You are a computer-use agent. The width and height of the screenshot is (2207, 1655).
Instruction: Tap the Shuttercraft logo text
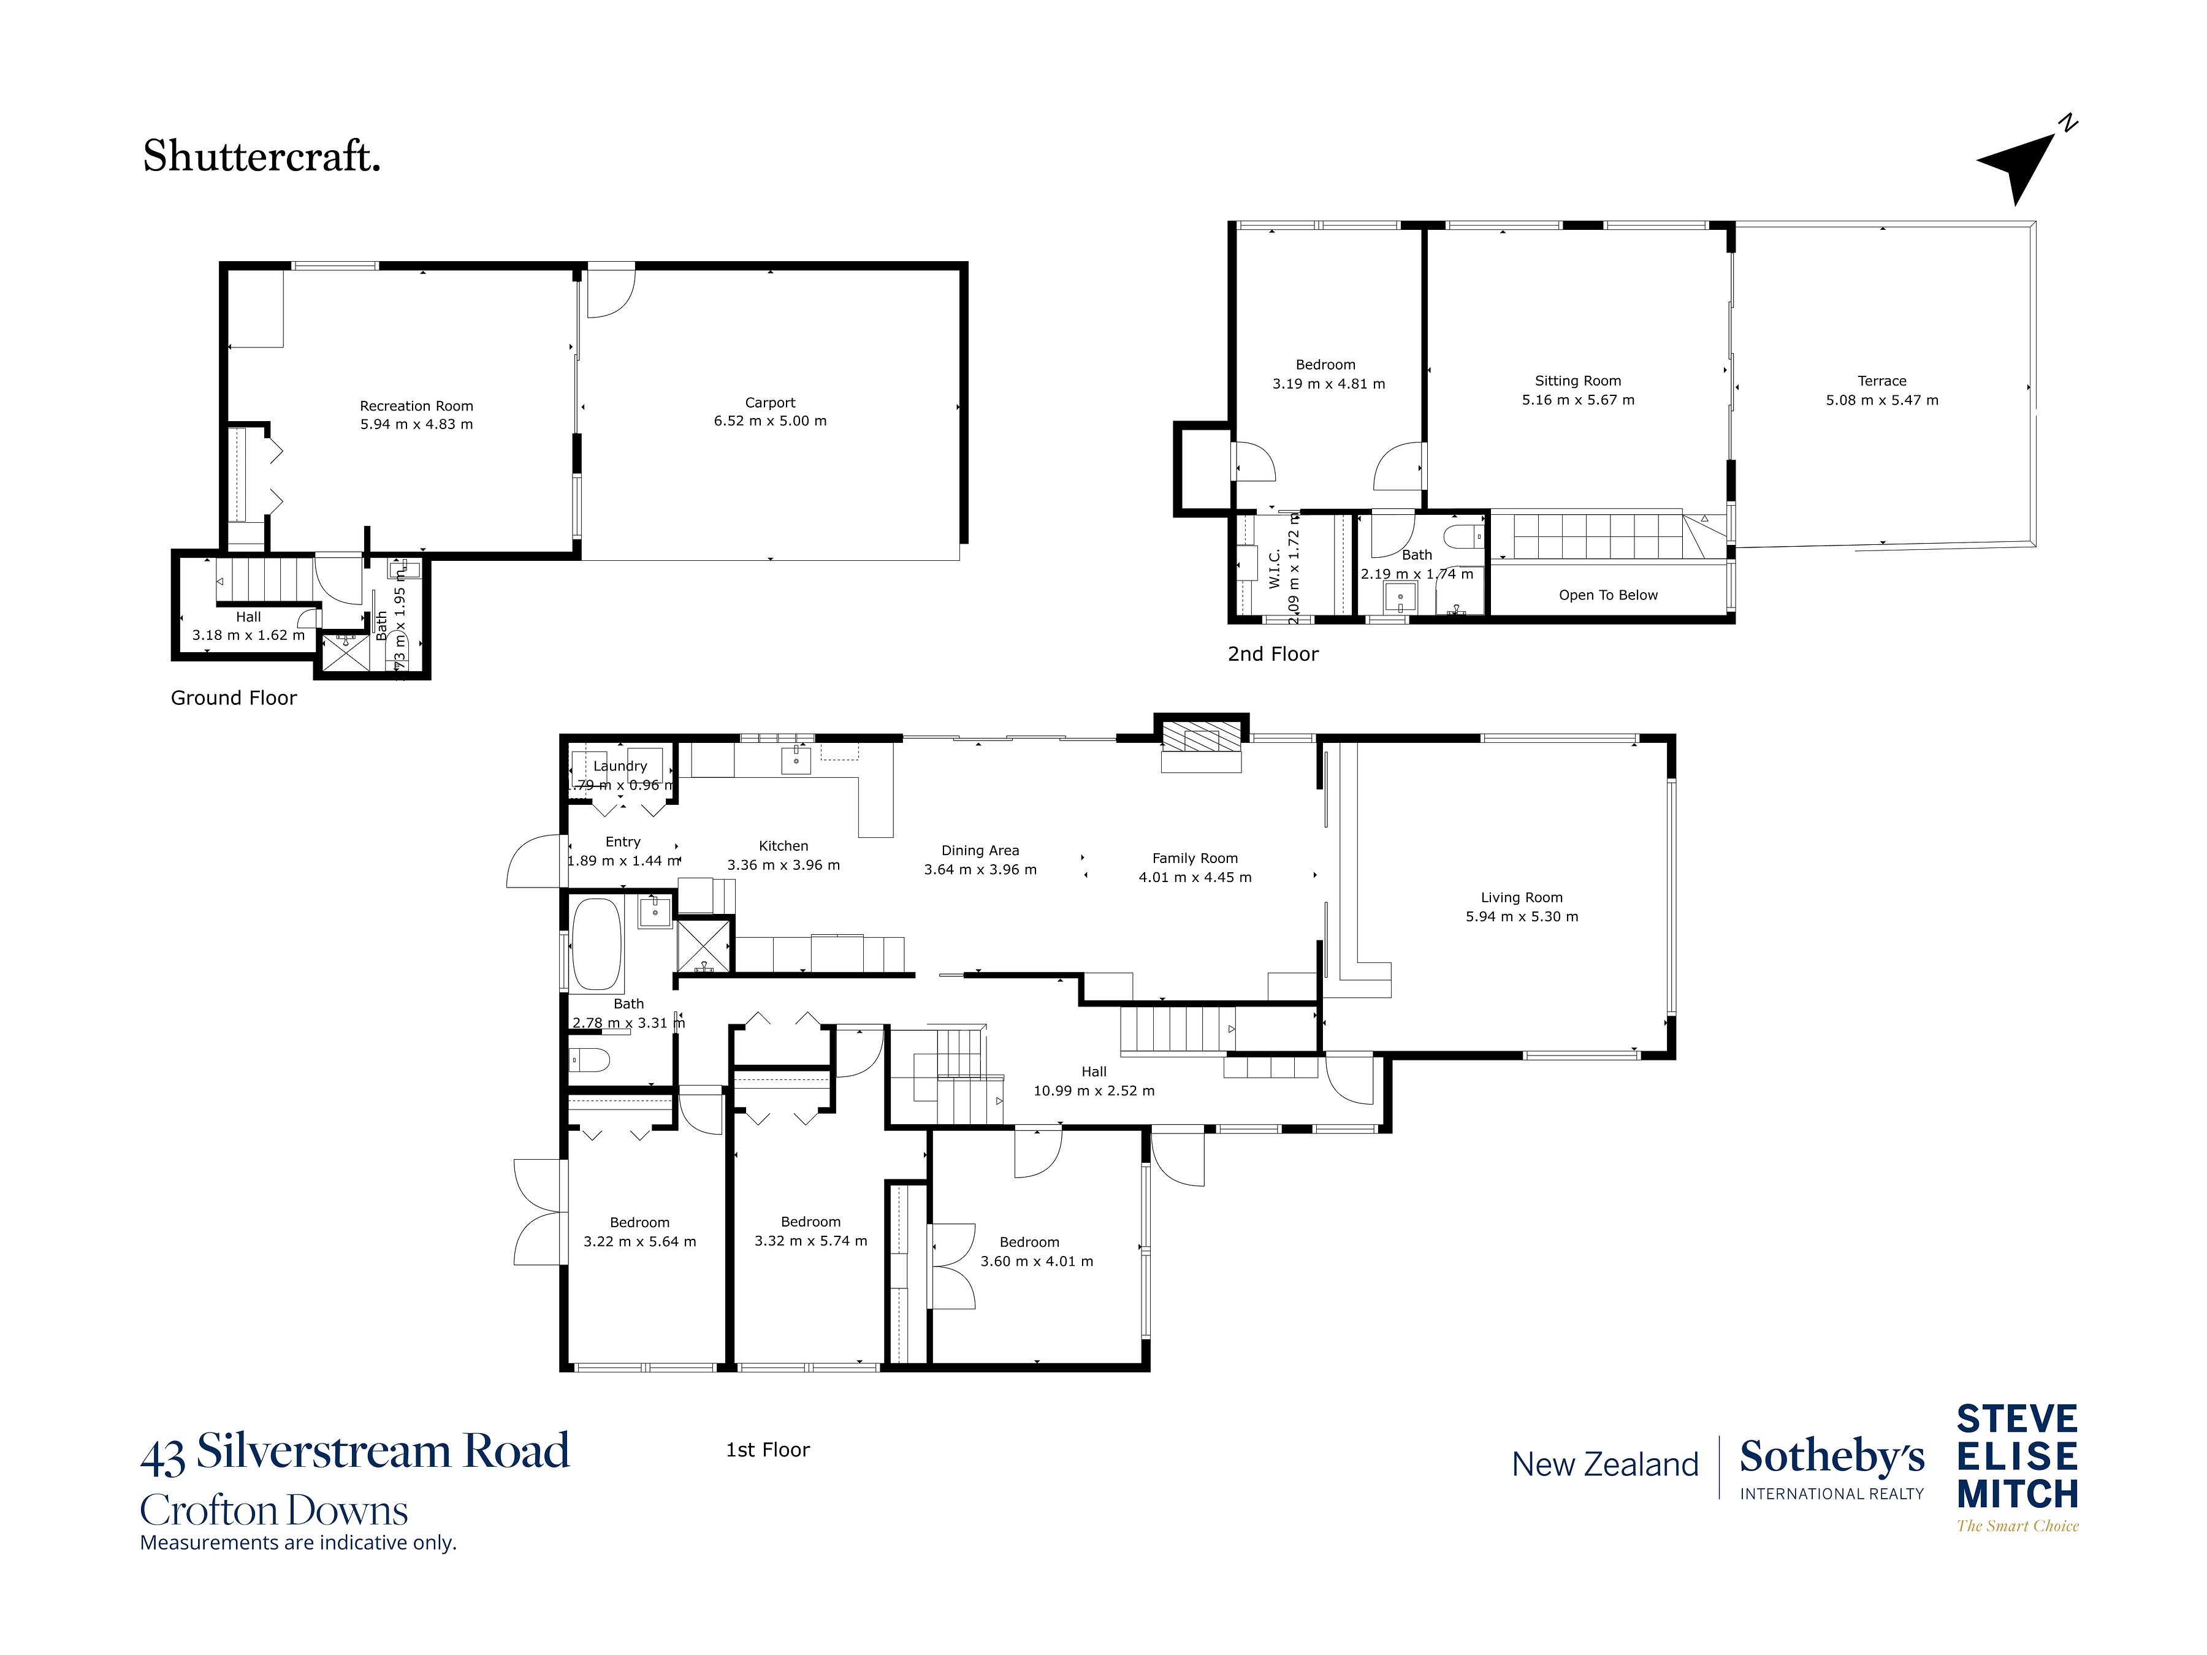pyautogui.click(x=261, y=157)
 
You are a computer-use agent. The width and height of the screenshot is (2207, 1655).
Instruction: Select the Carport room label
pyautogui.click(x=770, y=403)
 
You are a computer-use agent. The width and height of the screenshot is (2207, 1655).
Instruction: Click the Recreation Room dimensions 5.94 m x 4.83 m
pyautogui.click(x=416, y=425)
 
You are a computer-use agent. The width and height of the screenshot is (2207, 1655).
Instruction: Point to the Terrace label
pyautogui.click(x=1881, y=381)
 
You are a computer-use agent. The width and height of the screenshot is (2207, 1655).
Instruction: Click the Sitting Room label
pyautogui.click(x=1577, y=381)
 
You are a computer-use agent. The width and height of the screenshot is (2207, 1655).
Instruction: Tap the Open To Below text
pyautogui.click(x=1607, y=596)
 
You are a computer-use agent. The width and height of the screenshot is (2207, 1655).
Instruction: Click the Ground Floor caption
pyautogui.click(x=234, y=698)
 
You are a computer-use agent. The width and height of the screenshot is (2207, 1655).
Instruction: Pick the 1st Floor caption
pyautogui.click(x=768, y=1450)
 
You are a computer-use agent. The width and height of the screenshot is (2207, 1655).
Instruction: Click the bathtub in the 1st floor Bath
pyautogui.click(x=597, y=945)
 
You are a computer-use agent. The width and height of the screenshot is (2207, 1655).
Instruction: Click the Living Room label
pyautogui.click(x=1522, y=898)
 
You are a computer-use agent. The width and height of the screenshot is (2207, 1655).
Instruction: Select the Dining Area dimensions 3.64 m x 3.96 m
pyautogui.click(x=980, y=870)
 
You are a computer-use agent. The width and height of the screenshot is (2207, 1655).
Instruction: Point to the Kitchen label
pyautogui.click(x=783, y=846)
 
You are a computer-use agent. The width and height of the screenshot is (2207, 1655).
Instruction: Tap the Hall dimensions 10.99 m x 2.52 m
pyautogui.click(x=1094, y=1091)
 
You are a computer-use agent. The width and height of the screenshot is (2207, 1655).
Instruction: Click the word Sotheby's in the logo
pyautogui.click(x=1832, y=1458)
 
